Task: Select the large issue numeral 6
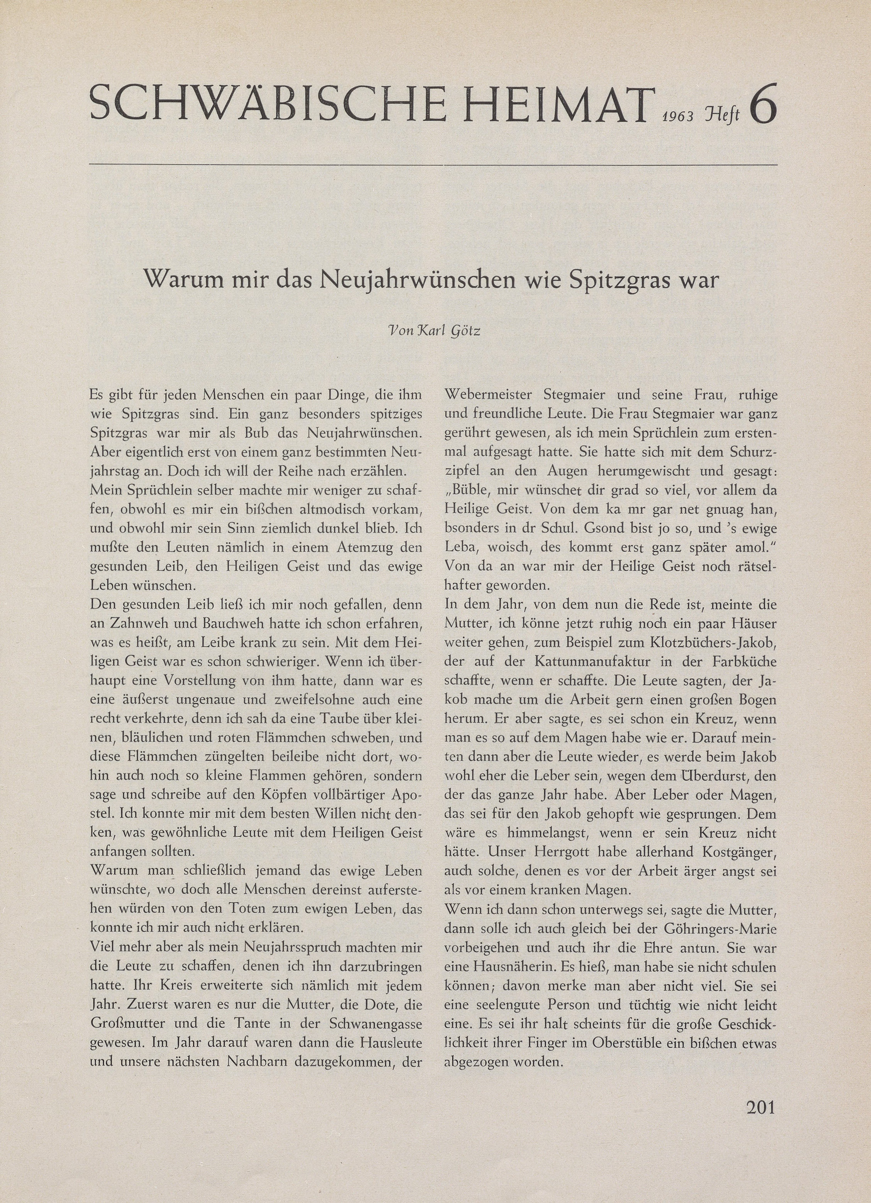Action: (763, 105)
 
